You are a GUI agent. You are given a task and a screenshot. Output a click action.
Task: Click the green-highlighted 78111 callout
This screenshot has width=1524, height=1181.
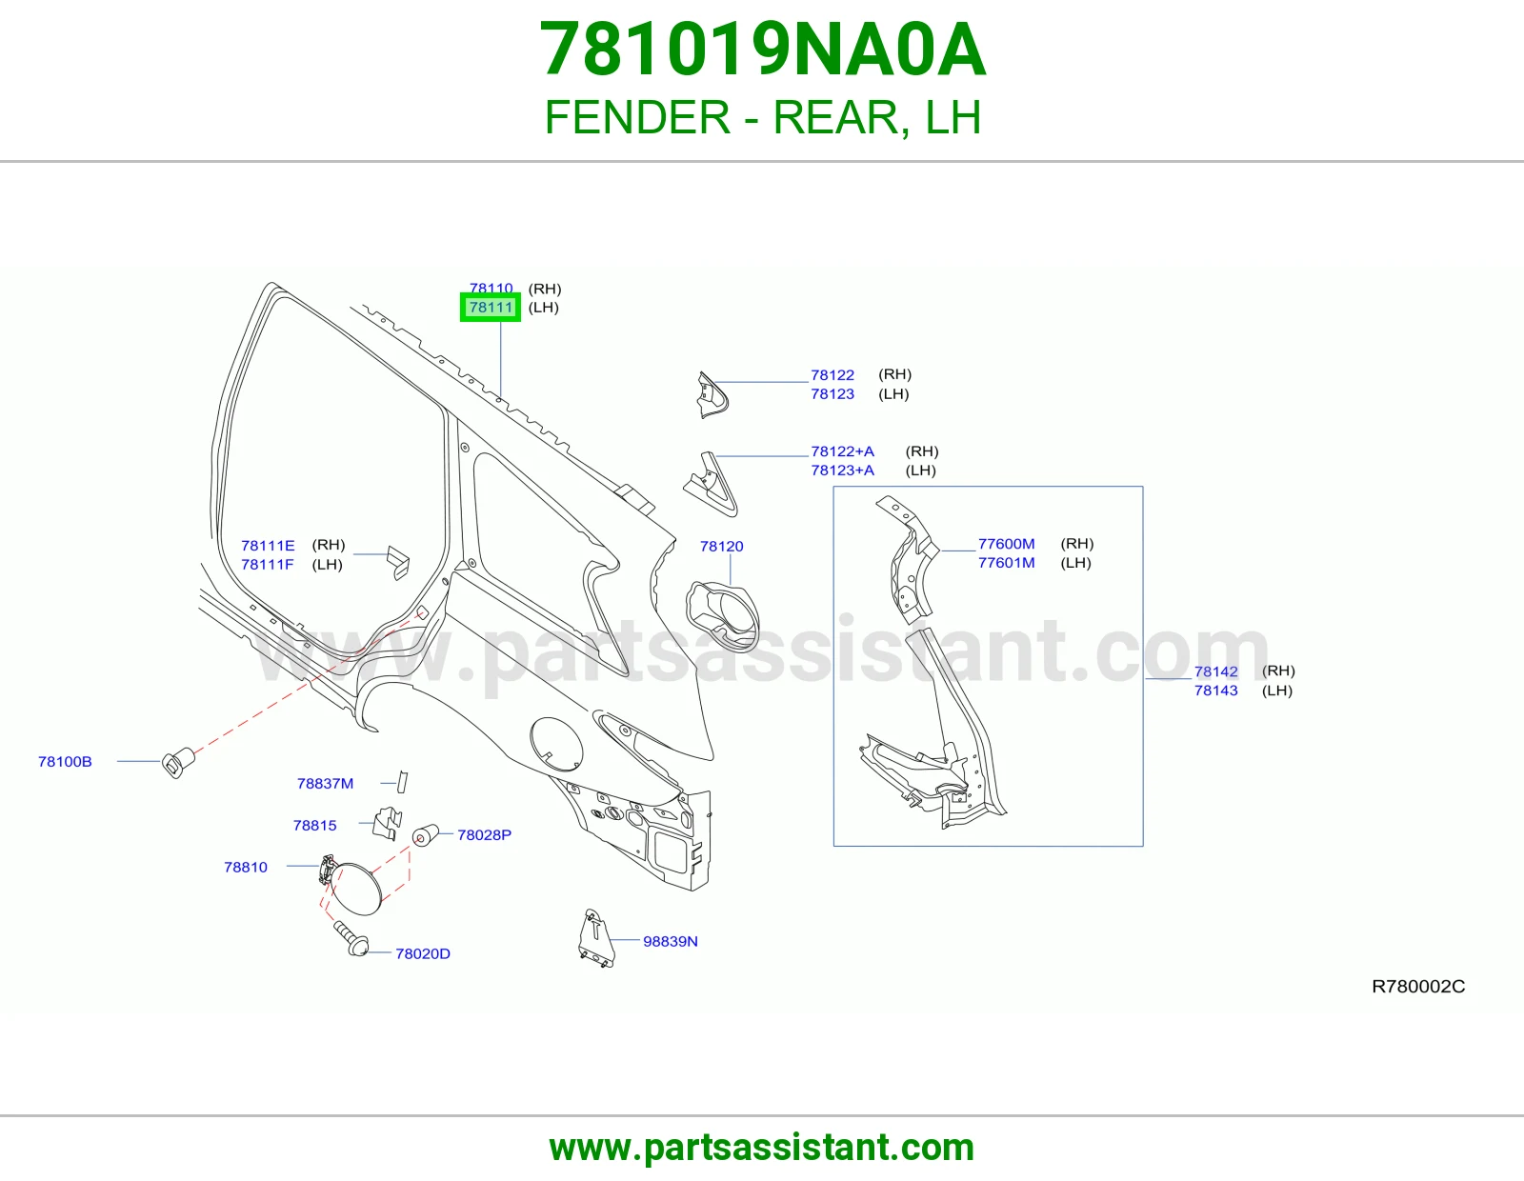[x=491, y=308]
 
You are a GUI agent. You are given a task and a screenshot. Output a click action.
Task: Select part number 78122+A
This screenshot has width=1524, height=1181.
[x=842, y=451]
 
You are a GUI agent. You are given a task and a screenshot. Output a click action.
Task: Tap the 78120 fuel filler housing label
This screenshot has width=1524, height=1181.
[x=722, y=547]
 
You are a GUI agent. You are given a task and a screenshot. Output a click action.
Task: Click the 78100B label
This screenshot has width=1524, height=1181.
[x=65, y=762]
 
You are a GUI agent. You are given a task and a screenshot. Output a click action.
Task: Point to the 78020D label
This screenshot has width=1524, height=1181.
[x=423, y=953]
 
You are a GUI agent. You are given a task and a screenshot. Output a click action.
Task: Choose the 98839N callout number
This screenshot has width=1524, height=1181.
[x=671, y=941]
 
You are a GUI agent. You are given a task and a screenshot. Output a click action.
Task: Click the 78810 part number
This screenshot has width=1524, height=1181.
[x=246, y=867]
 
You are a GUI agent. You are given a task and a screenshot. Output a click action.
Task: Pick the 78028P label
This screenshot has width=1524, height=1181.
[x=485, y=834]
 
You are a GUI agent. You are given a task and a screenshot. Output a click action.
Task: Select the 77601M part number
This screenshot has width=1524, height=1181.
[x=1007, y=563]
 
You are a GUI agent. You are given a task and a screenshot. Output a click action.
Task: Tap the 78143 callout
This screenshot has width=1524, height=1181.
[x=1216, y=691]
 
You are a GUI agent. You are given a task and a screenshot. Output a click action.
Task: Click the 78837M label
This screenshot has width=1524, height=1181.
[x=326, y=783]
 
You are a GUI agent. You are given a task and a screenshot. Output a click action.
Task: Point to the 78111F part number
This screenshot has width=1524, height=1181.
[x=268, y=565]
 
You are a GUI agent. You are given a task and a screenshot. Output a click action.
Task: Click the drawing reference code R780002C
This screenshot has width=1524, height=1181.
[x=1418, y=987]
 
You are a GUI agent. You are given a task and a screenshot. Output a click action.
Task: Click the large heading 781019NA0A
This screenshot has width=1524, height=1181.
[x=762, y=50]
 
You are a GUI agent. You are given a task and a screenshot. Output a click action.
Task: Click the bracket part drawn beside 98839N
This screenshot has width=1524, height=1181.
[x=597, y=938]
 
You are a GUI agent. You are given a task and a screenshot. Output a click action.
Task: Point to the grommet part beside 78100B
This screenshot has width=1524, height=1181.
[x=178, y=762]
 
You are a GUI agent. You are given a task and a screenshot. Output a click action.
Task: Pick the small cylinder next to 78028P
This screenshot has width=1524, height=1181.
[x=425, y=834]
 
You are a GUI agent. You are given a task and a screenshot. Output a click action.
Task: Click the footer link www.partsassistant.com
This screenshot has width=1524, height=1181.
[x=762, y=1148]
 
